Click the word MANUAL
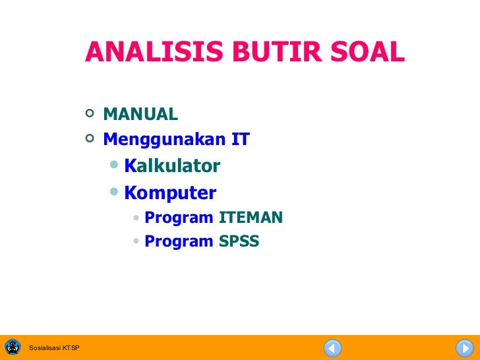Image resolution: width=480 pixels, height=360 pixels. click(140, 115)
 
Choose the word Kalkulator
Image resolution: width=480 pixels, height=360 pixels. click(172, 166)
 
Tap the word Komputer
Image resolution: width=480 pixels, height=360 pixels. click(170, 193)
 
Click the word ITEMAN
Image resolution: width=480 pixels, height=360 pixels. click(251, 218)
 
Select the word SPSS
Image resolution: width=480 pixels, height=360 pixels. click(239, 242)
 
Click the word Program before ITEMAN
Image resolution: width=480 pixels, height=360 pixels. click(179, 218)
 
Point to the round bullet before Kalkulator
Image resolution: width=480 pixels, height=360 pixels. click(115, 165)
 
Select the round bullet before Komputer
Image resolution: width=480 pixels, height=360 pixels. click(115, 192)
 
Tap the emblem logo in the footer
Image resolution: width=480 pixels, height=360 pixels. click(13, 347)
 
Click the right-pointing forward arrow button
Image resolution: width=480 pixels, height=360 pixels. click(464, 347)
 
